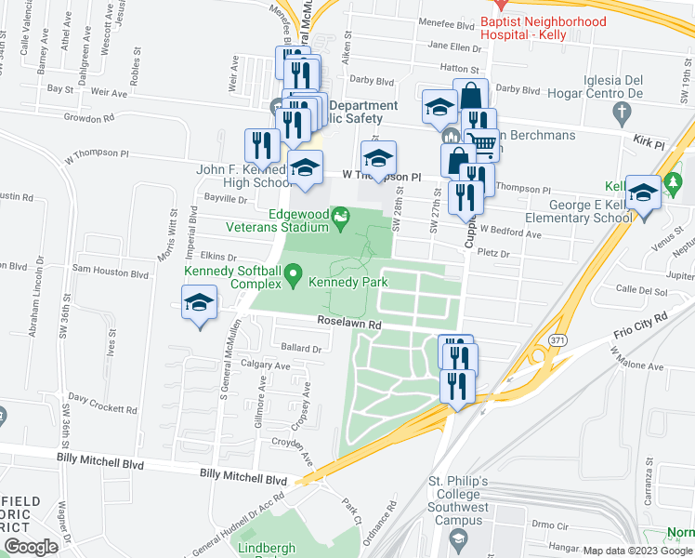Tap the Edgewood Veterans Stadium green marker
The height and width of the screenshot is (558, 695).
[x=342, y=219]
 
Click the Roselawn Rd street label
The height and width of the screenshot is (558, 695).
[x=349, y=324]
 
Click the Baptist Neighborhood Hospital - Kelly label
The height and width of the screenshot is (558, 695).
[x=543, y=28]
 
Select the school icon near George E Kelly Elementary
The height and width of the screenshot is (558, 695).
[x=643, y=194]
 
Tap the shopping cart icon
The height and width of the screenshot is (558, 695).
[x=480, y=143]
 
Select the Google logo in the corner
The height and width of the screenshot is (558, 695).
[x=31, y=546]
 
